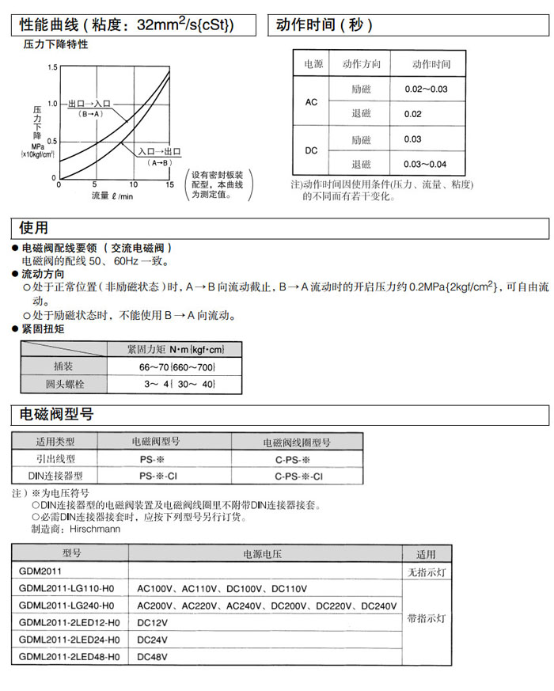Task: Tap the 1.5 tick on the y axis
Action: (x=52, y=67)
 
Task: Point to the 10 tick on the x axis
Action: (x=132, y=185)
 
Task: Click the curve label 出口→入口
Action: (x=89, y=104)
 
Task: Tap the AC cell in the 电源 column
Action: (x=311, y=102)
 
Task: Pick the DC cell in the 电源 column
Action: (x=311, y=150)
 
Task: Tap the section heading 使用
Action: (x=34, y=229)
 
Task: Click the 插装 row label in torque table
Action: (x=63, y=367)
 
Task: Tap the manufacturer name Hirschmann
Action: (x=95, y=528)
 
